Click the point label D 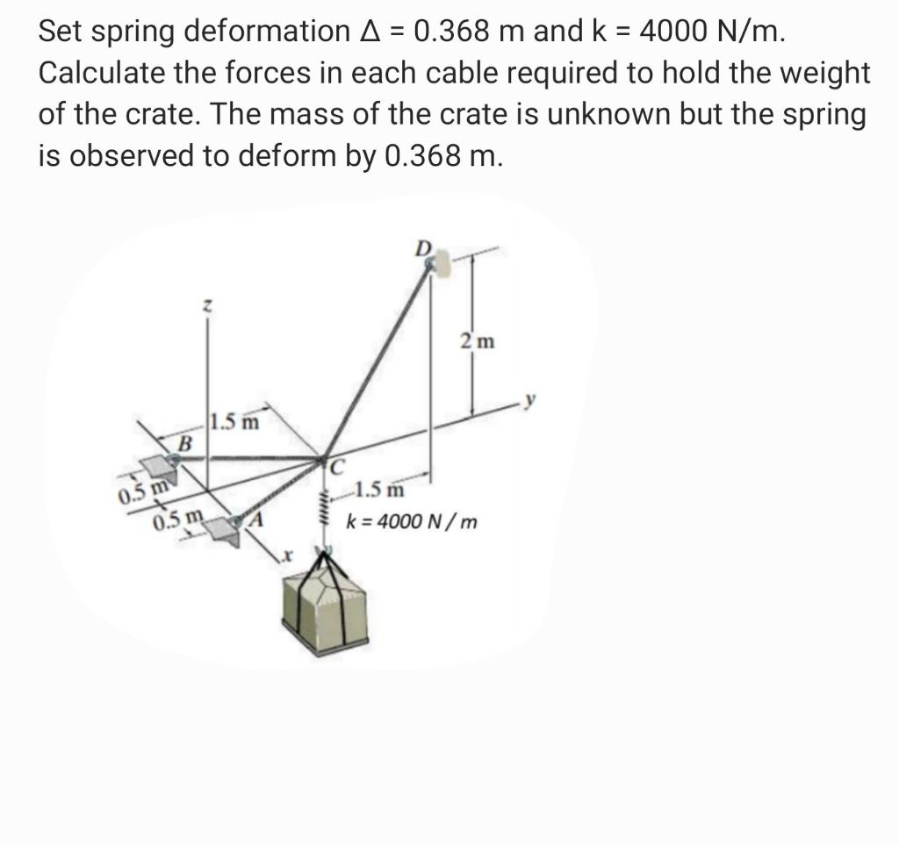(x=423, y=247)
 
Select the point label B (x=184, y=443)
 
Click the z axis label (x=205, y=306)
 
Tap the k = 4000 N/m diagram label (x=413, y=523)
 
